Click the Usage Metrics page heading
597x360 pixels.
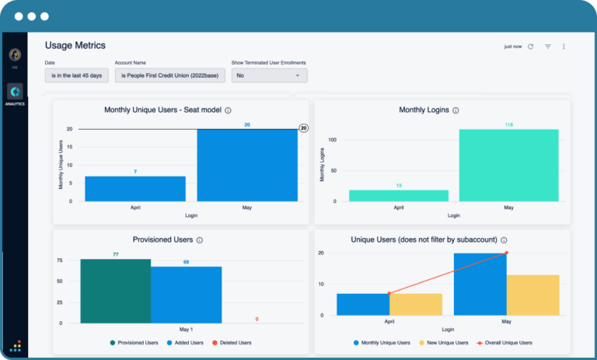[75, 46]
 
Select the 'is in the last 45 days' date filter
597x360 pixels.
[77, 75]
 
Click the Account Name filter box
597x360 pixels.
[170, 75]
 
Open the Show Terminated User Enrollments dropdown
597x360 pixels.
[269, 75]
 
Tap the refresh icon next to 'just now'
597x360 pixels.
[531, 47]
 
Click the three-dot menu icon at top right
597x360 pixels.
[564, 47]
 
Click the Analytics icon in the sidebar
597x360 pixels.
[15, 93]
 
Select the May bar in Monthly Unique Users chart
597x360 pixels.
[246, 165]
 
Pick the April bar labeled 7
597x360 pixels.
[135, 188]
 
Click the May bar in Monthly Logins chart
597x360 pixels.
[508, 165]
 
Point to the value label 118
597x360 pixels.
[508, 124]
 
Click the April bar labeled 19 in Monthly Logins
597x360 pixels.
[399, 195]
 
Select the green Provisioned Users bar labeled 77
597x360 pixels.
[115, 291]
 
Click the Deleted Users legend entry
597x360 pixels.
[231, 342]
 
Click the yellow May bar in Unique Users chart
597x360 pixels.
[532, 295]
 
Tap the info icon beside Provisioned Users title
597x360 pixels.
[200, 240]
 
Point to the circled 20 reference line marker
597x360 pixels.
[303, 128]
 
